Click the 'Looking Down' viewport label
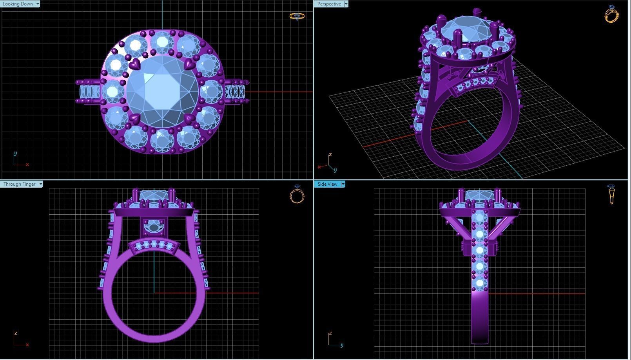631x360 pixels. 18,4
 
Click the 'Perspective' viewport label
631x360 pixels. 329,4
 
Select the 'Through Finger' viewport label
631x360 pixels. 19,184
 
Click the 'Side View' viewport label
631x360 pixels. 327,184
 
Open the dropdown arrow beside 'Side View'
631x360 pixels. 343,184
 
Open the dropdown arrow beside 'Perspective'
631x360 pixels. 346,4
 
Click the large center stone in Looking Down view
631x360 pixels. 162,92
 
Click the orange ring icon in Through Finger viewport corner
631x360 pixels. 297,195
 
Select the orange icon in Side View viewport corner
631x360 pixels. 611,195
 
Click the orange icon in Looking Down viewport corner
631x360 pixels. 297,16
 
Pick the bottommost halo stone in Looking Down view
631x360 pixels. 162,140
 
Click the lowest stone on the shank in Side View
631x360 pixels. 480,283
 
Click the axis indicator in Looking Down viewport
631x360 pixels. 19,160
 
